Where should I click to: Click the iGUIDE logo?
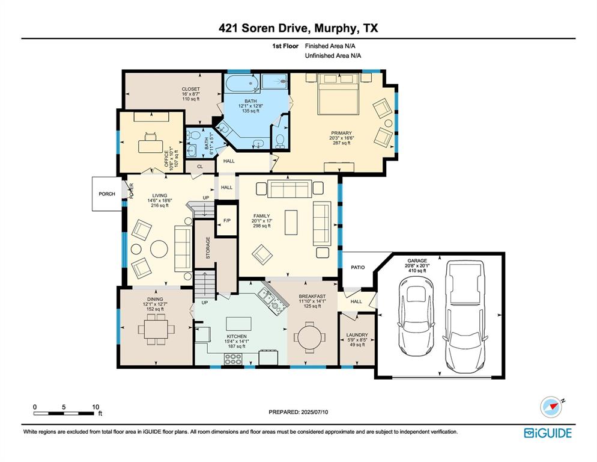(547, 433)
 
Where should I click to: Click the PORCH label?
(107, 194)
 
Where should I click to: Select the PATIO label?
(359, 268)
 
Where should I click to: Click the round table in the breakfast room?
(311, 336)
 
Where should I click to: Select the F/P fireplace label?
(226, 221)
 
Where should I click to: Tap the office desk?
(150, 145)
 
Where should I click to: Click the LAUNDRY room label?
(357, 335)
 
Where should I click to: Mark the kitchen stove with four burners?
(233, 359)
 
